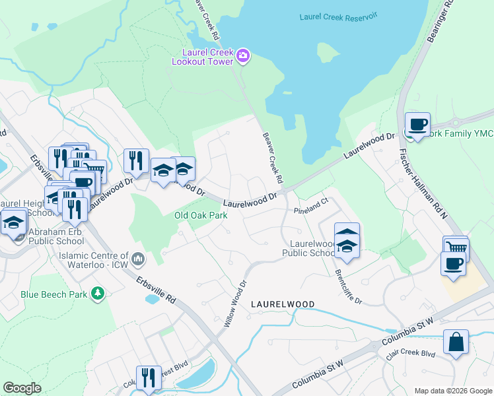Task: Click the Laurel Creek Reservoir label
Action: [337, 16]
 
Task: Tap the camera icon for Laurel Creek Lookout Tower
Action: [242, 55]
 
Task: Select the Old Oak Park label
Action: [201, 215]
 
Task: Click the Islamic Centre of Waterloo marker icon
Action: [138, 259]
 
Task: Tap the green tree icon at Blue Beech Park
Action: [98, 292]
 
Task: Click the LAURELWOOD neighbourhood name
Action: [283, 304]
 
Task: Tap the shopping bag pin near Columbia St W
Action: [456, 342]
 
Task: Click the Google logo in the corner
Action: [22, 388]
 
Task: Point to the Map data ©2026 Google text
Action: [452, 391]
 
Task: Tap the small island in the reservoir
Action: [328, 52]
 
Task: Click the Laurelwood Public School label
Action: [310, 248]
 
